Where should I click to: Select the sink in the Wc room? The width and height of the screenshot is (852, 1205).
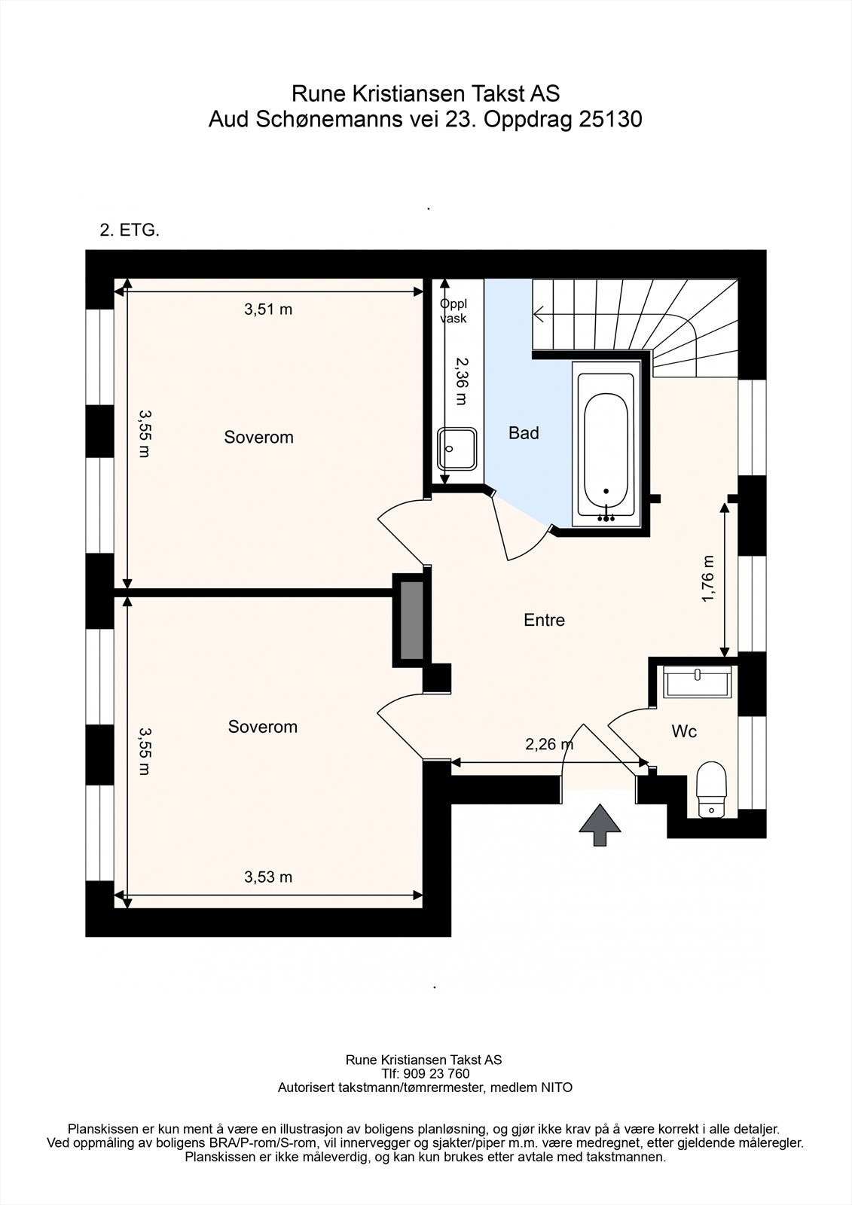tap(697, 682)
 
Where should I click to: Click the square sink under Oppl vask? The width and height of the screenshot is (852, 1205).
tap(457, 449)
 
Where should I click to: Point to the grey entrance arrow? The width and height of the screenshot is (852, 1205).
tap(600, 825)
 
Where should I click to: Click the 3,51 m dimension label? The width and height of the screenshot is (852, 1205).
tap(268, 310)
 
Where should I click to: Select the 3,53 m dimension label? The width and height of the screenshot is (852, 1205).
tap(268, 877)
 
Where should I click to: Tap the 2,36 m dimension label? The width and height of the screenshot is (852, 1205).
tap(462, 381)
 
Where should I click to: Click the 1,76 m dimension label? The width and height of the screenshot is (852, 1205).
tap(708, 578)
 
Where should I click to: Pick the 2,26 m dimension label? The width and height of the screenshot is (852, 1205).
tap(549, 745)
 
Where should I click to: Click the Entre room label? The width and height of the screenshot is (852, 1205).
tap(544, 620)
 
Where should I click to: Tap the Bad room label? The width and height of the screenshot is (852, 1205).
tap(524, 433)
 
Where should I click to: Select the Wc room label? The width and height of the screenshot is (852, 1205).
tap(684, 731)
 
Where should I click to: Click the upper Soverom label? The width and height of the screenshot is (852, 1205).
tap(259, 437)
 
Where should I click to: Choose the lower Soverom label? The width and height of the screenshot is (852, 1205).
tap(263, 727)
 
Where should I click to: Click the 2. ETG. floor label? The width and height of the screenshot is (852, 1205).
tap(130, 230)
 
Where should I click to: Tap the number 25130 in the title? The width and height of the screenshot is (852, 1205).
tap(610, 120)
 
